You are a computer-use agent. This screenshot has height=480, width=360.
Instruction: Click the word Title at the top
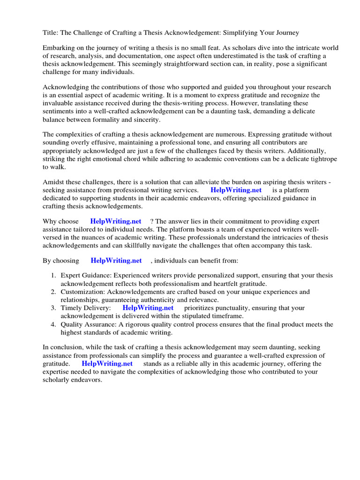click(x=51, y=33)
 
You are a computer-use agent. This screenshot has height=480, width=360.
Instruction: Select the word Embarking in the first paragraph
click(x=60, y=48)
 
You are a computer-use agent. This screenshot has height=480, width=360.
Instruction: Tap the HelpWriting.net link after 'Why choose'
click(x=116, y=221)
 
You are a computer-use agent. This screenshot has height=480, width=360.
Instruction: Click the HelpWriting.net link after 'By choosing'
click(x=116, y=260)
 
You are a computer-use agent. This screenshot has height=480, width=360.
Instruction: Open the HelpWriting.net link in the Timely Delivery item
click(x=148, y=308)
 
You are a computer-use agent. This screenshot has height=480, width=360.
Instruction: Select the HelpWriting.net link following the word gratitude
click(x=107, y=363)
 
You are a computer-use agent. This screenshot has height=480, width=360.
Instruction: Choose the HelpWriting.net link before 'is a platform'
click(x=236, y=190)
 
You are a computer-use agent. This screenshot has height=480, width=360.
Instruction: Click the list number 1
click(x=53, y=276)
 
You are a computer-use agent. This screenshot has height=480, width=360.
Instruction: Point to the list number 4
click(x=53, y=324)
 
